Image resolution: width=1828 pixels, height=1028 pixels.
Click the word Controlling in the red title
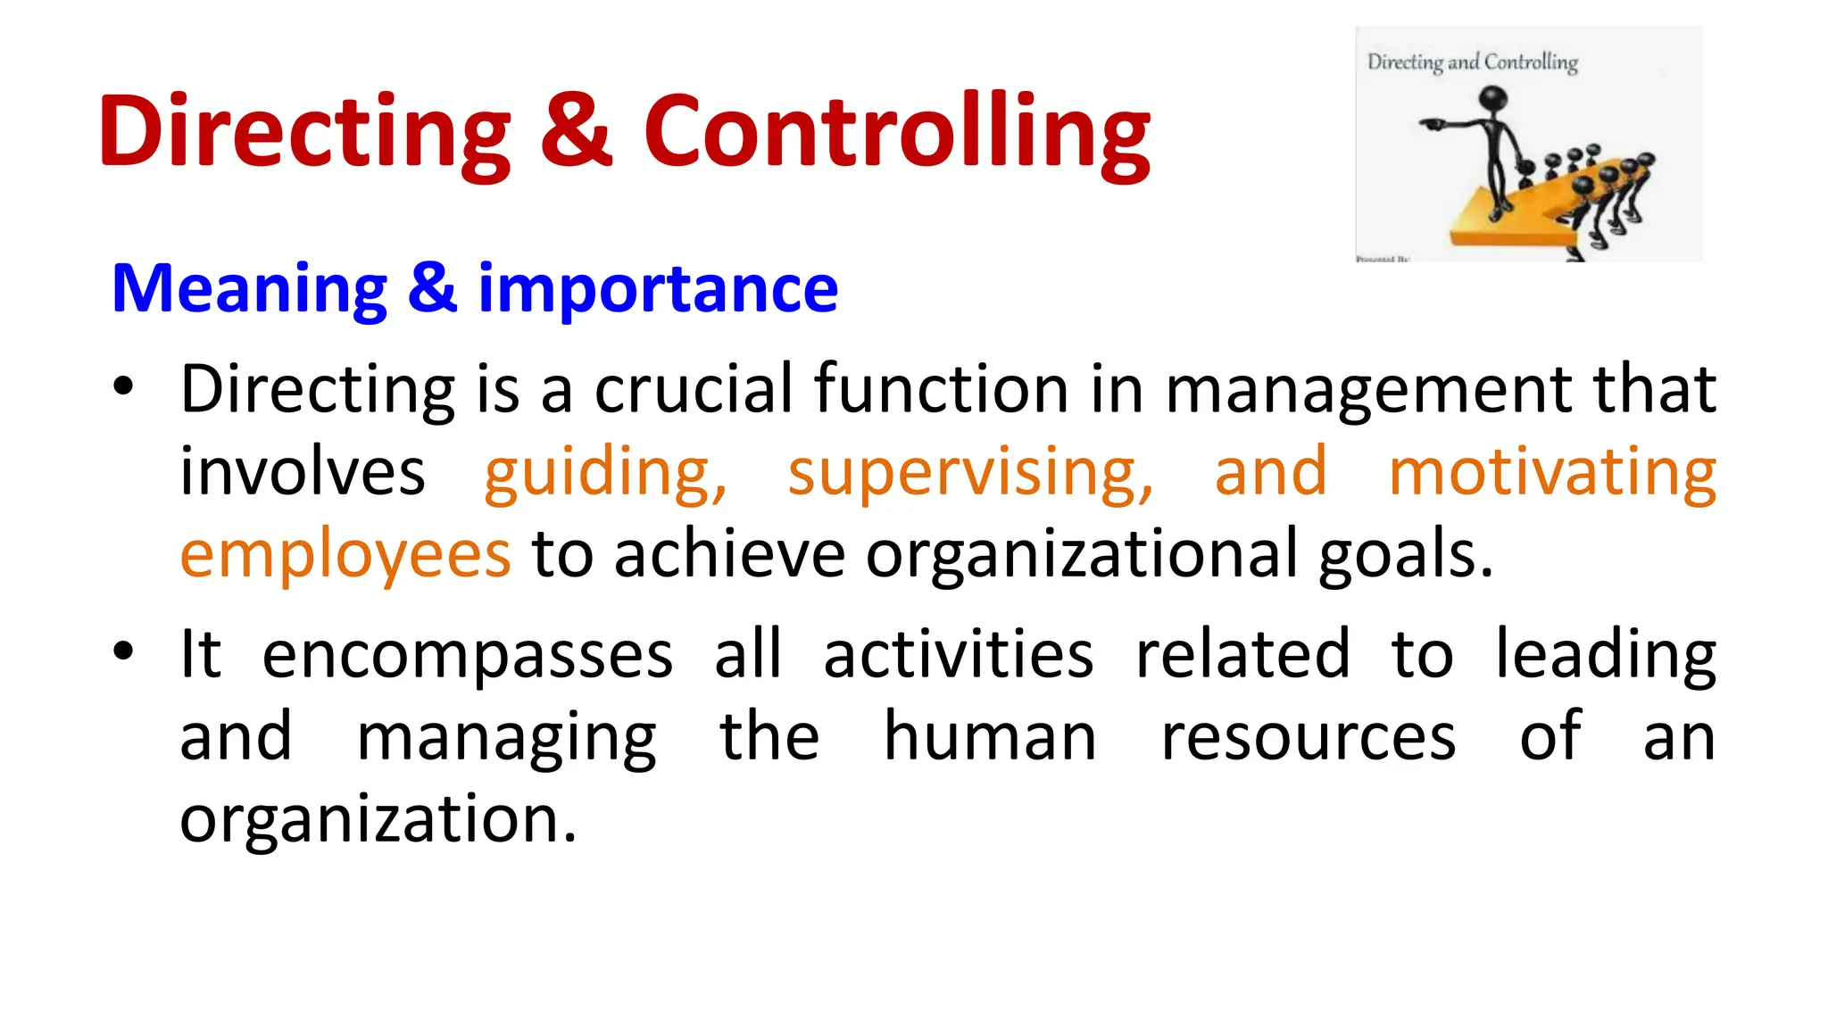pyautogui.click(x=897, y=132)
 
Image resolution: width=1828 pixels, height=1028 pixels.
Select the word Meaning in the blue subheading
pyautogui.click(x=249, y=289)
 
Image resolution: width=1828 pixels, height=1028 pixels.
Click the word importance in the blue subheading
pyautogui.click(x=658, y=289)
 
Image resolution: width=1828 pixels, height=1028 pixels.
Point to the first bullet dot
pyautogui.click(x=123, y=387)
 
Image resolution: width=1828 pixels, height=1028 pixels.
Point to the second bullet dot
pyautogui.click(x=123, y=651)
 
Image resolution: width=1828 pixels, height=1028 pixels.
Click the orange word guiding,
pyautogui.click(x=605, y=472)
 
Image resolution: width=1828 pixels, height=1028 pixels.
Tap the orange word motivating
pyautogui.click(x=1552, y=472)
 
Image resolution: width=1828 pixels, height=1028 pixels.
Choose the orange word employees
pyautogui.click(x=345, y=554)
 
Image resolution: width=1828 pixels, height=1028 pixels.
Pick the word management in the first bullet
pyautogui.click(x=1368, y=391)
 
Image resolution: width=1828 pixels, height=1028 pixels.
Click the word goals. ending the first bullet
pyautogui.click(x=1405, y=556)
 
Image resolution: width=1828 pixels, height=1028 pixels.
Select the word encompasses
pyautogui.click(x=467, y=655)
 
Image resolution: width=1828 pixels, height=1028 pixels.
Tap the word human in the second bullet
pyautogui.click(x=989, y=737)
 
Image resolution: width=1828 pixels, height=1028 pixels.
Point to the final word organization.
pyautogui.click(x=378, y=819)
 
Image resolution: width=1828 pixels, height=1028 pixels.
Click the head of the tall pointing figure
pyautogui.click(x=1493, y=98)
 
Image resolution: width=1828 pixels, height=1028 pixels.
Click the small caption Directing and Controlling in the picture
pyautogui.click(x=1472, y=62)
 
